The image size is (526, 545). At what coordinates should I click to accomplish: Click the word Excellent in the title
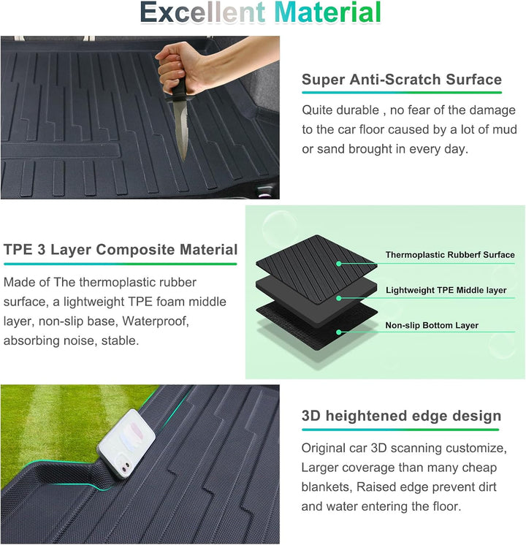pyautogui.click(x=203, y=12)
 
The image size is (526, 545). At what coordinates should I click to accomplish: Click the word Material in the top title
pyautogui.click(x=328, y=12)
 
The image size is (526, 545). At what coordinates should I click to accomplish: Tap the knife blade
pyautogui.click(x=181, y=129)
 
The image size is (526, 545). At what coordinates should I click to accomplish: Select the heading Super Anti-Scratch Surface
pyautogui.click(x=402, y=80)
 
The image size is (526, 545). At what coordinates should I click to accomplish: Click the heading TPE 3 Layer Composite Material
pyautogui.click(x=121, y=250)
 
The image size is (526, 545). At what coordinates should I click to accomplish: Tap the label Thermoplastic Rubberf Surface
pyautogui.click(x=450, y=255)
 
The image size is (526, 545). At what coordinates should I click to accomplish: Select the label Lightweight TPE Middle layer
pyautogui.click(x=446, y=290)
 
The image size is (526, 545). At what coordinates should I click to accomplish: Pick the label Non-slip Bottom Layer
pyautogui.click(x=432, y=325)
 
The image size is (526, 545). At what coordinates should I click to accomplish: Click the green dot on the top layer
pyautogui.click(x=339, y=264)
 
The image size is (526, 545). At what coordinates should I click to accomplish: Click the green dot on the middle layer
pyautogui.click(x=339, y=298)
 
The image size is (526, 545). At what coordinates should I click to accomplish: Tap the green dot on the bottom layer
pyautogui.click(x=339, y=332)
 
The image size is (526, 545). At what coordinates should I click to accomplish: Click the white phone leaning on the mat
pyautogui.click(x=126, y=444)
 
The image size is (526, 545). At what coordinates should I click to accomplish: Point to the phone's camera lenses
pyautogui.click(x=125, y=467)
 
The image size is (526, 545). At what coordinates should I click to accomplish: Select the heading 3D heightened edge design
pyautogui.click(x=401, y=416)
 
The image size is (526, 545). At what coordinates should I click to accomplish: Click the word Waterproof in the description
pyautogui.click(x=156, y=321)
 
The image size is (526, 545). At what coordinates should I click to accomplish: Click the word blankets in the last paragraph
pyautogui.click(x=325, y=487)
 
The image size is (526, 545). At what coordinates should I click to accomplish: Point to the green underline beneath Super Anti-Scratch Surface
pyautogui.click(x=402, y=93)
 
